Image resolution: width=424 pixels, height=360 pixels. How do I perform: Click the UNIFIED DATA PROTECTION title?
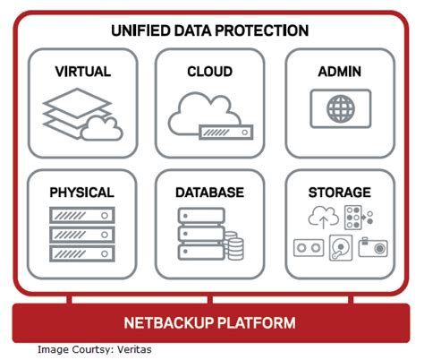(210, 30)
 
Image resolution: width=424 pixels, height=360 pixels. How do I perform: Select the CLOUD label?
(210, 71)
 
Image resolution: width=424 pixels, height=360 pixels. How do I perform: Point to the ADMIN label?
(340, 71)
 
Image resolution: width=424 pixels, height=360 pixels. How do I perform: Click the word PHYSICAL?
(81, 192)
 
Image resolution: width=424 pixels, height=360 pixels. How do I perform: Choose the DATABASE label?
(210, 192)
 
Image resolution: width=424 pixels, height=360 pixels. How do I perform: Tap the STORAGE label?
(340, 192)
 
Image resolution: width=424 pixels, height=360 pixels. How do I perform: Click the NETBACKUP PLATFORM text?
(211, 322)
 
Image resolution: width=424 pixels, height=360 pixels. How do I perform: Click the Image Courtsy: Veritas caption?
(94, 349)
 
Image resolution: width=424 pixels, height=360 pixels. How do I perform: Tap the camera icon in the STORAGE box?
(371, 246)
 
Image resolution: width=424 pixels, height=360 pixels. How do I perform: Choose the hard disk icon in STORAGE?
(340, 248)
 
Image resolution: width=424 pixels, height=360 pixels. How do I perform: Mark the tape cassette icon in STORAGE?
(309, 246)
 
